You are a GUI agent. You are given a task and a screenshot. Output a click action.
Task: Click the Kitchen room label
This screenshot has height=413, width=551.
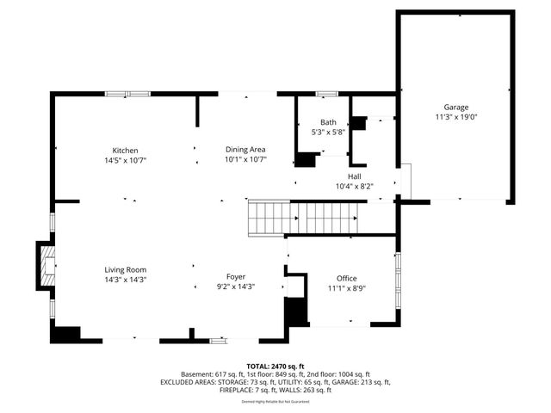pyautogui.click(x=126, y=150)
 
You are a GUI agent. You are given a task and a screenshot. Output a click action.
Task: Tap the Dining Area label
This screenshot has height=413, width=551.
pyautogui.click(x=245, y=150)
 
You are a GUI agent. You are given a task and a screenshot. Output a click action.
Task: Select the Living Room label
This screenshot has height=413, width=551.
pyautogui.click(x=126, y=269)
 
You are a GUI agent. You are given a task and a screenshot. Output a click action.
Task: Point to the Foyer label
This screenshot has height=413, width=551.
pyautogui.click(x=235, y=277)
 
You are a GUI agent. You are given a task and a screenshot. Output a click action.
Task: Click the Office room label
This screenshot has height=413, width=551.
pyautogui.click(x=346, y=279)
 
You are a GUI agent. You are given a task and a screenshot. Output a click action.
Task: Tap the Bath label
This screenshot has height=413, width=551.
pyautogui.click(x=328, y=122)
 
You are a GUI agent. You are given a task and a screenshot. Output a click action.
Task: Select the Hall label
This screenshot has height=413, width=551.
pyautogui.click(x=354, y=176)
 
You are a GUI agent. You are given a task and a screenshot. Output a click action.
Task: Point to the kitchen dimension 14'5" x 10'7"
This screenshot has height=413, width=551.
pyautogui.click(x=126, y=159)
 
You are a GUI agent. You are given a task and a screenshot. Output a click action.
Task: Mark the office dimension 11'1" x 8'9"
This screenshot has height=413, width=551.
pyautogui.click(x=346, y=288)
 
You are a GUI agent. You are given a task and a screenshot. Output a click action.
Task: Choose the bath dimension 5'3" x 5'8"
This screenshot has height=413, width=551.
pyautogui.click(x=328, y=132)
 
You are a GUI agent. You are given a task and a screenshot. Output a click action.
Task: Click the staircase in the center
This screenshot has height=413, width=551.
pyautogui.click(x=300, y=218)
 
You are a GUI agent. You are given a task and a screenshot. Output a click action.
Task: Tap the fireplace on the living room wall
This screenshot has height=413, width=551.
pyautogui.click(x=46, y=265)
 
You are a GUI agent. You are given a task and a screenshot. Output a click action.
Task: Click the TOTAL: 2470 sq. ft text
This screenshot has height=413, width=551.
pyautogui.click(x=275, y=367)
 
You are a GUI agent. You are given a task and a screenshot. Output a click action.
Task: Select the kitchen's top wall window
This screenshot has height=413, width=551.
pyautogui.click(x=127, y=93)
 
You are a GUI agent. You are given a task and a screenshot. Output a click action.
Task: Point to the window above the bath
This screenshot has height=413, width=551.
pyautogui.click(x=326, y=93)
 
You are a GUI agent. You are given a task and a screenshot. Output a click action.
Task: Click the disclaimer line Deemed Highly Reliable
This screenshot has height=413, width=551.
pyautogui.click(x=275, y=401)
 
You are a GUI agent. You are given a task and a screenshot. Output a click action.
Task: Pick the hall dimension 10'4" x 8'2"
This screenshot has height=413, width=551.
pyautogui.click(x=354, y=185)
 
